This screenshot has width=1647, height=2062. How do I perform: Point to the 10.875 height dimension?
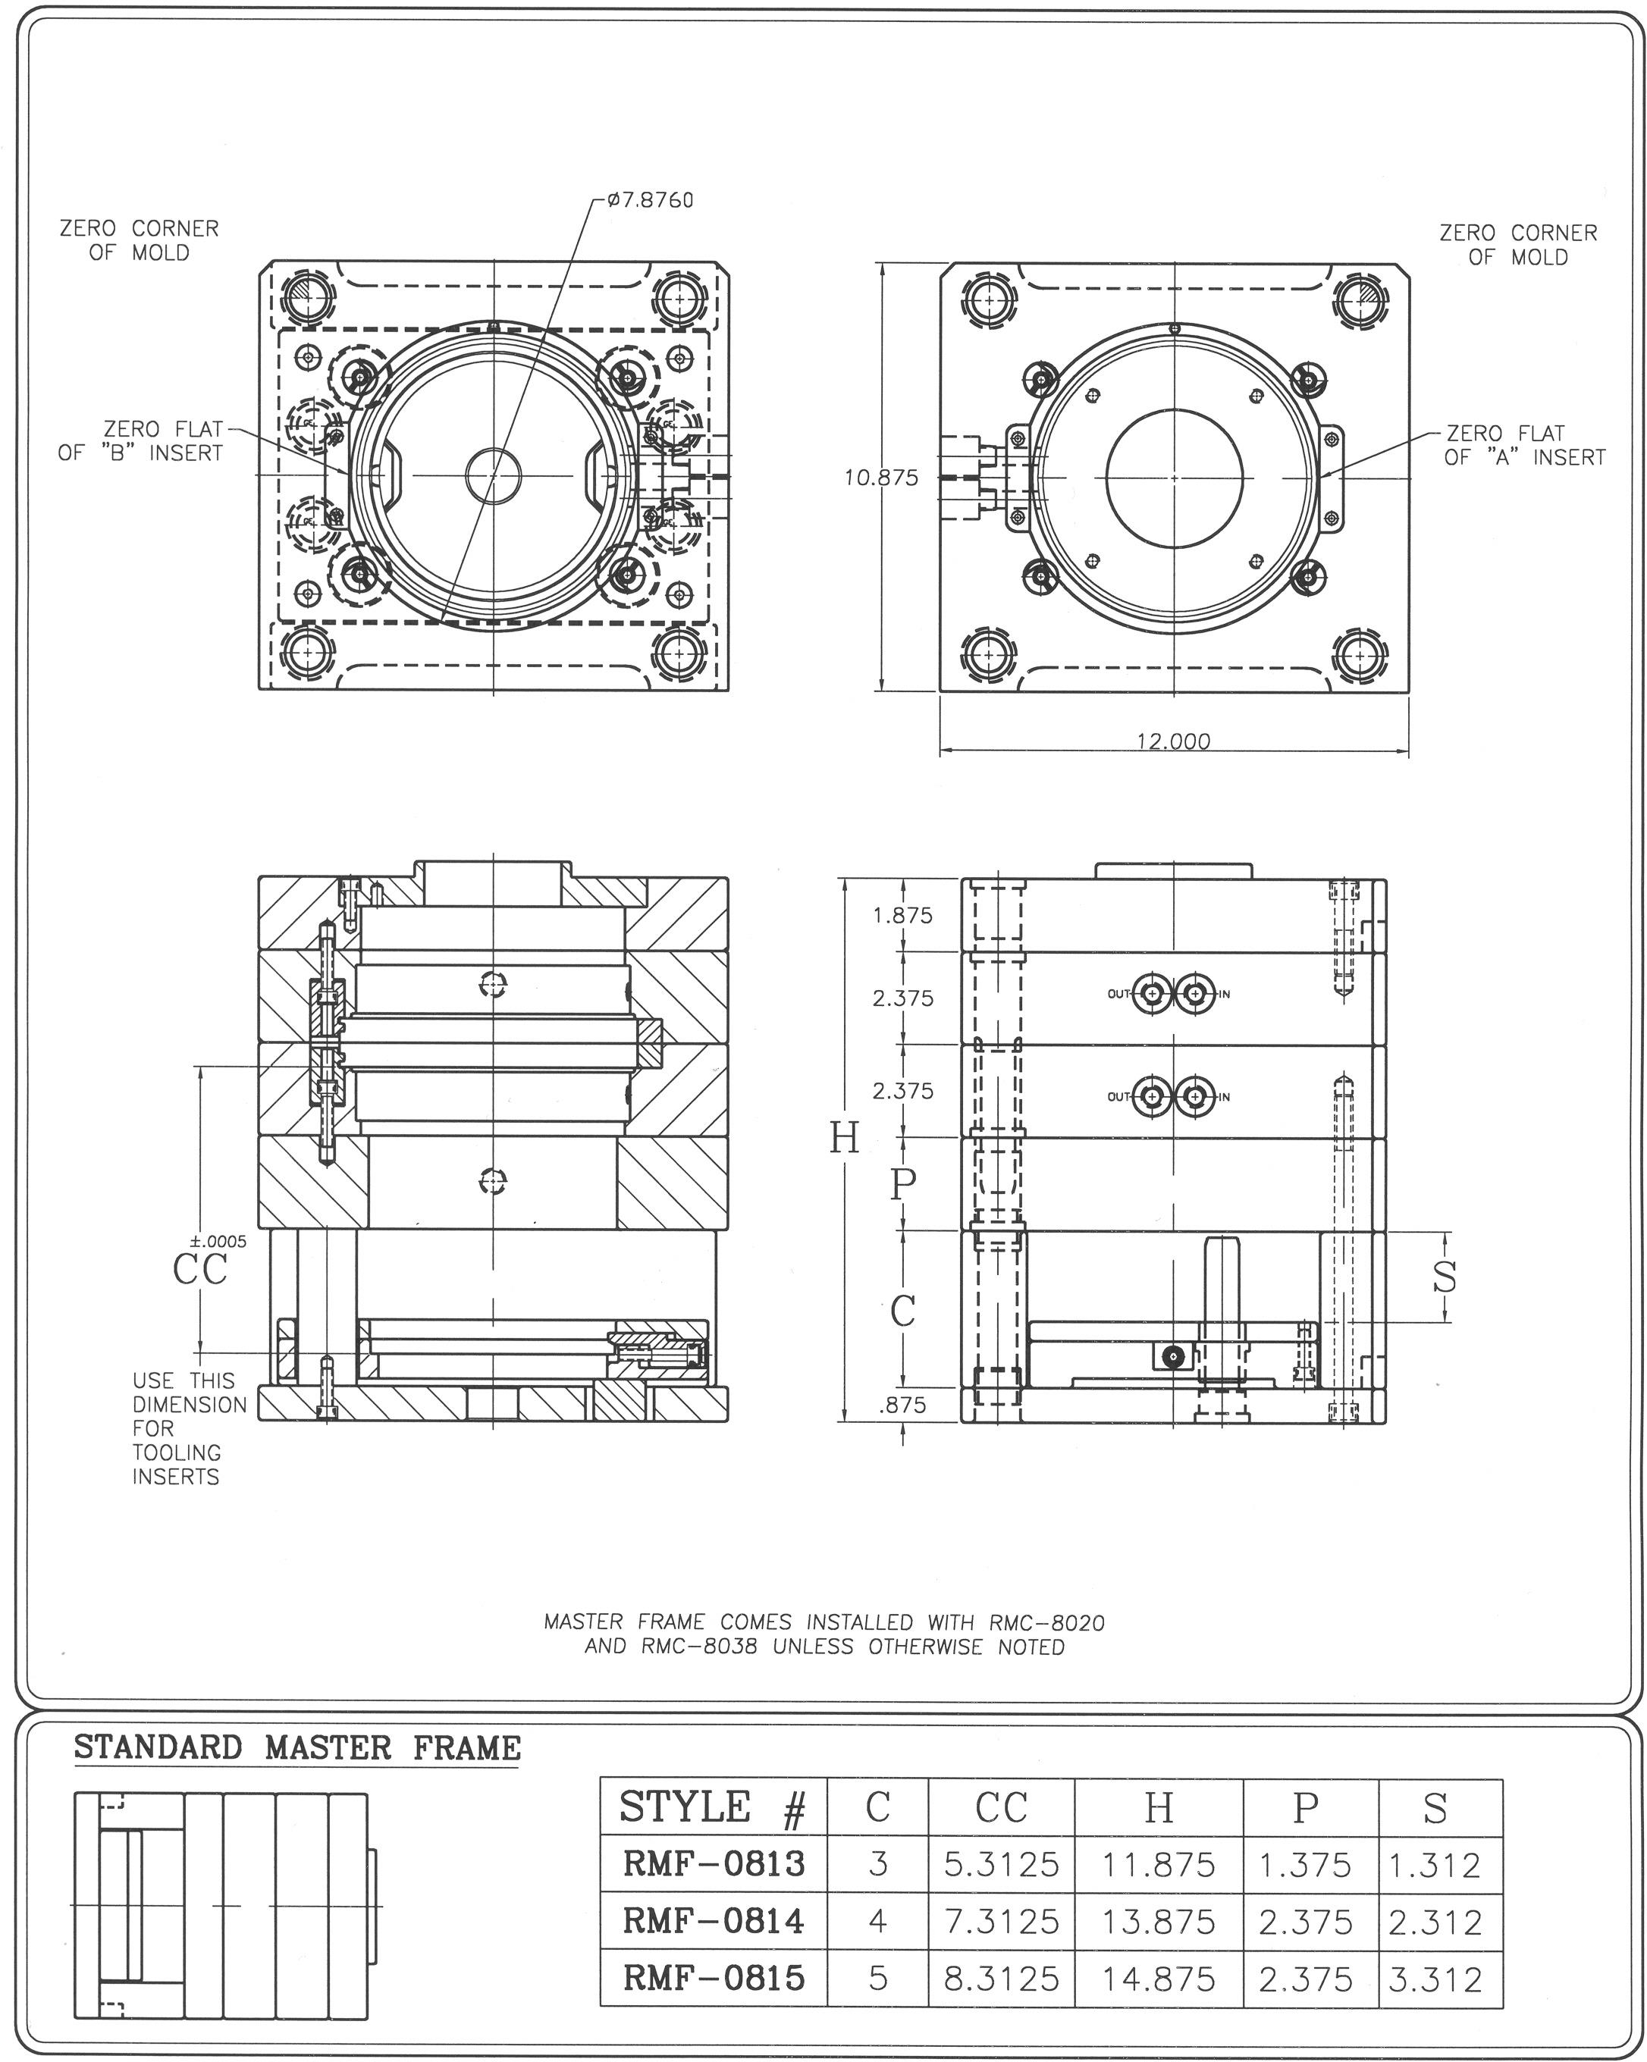click(881, 478)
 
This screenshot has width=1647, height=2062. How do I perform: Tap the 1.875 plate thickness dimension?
click(902, 915)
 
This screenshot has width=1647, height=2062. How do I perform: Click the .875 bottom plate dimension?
click(902, 1405)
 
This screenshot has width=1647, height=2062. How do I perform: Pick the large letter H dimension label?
click(843, 1138)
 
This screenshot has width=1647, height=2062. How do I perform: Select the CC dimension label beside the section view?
click(201, 1269)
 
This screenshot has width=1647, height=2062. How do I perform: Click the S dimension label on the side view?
click(1445, 1275)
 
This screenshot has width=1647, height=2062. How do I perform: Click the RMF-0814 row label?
click(714, 1922)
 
